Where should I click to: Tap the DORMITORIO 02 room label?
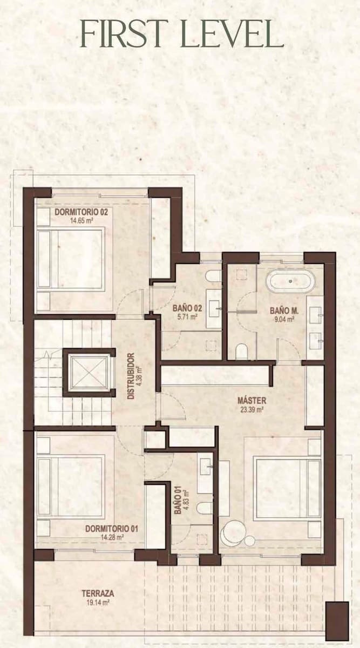click(81, 212)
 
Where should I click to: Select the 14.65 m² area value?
click(81, 220)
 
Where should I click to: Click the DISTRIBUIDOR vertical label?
click(131, 376)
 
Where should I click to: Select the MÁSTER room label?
click(252, 401)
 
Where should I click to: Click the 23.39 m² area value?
click(251, 409)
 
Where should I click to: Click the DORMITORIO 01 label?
click(112, 528)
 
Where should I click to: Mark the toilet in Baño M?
click(242, 352)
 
